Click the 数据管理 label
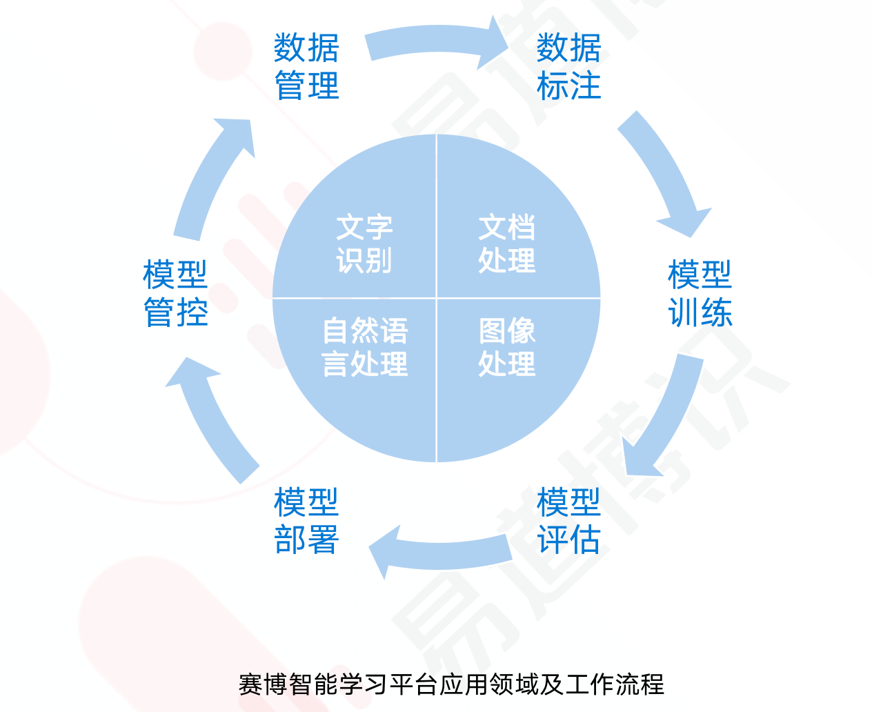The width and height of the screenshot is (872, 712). pos(306,67)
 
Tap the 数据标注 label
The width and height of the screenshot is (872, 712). pos(568,67)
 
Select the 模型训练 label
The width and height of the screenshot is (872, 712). pos(700,293)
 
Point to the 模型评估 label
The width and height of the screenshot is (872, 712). pos(568,521)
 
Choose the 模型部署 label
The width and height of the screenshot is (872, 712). pos(306,521)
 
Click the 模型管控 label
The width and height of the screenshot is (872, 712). pos(175,293)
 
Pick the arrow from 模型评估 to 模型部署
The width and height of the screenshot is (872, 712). pos(442,552)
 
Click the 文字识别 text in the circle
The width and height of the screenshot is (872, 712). pos(364,244)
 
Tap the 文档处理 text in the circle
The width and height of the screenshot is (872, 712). pos(507,244)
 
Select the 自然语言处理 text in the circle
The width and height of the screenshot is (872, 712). pos(365,347)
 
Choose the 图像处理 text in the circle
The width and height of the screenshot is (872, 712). pos(507,347)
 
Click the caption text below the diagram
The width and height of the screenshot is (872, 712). pos(451,684)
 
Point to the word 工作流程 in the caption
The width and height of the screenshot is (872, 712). pos(615,684)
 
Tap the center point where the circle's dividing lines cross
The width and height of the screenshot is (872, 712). pos(437,298)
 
